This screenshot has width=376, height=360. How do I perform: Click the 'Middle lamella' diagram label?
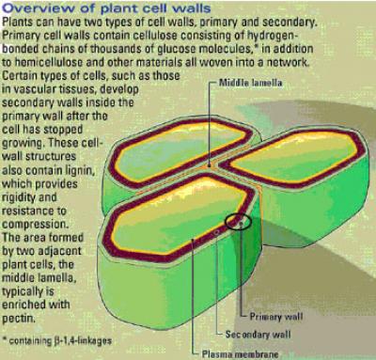pos(250,83)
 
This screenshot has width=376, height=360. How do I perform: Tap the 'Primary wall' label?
pos(276,317)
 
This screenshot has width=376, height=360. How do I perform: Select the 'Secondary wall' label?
pos(258,335)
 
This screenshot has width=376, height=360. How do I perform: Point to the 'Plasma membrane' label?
pos(240,354)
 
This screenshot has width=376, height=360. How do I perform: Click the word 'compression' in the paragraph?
pos(34,225)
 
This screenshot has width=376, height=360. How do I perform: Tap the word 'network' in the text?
pos(288,62)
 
